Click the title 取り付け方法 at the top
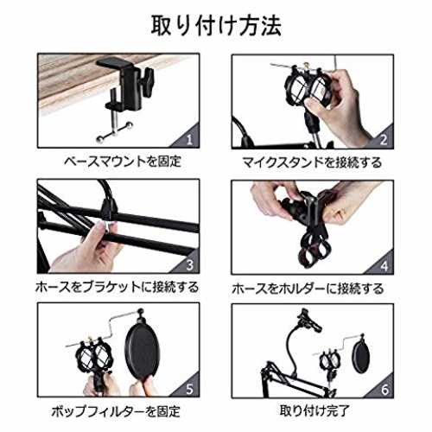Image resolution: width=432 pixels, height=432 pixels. [x=216, y=26]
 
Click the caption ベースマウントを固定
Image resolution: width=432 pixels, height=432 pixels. [x=123, y=162]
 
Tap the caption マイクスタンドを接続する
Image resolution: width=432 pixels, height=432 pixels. [x=312, y=162]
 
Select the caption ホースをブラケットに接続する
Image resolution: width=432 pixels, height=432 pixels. [x=118, y=287]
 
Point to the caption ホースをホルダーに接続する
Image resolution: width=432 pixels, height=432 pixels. [x=308, y=289]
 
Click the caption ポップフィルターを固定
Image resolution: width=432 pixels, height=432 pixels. [x=116, y=411]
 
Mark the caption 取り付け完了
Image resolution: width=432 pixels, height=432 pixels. [x=314, y=410]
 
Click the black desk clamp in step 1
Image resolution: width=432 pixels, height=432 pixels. [x=127, y=84]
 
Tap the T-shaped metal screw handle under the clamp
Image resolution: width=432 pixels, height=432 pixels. [x=115, y=130]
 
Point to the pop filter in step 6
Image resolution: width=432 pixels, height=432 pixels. [x=361, y=356]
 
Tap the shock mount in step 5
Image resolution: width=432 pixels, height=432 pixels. [x=93, y=357]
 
